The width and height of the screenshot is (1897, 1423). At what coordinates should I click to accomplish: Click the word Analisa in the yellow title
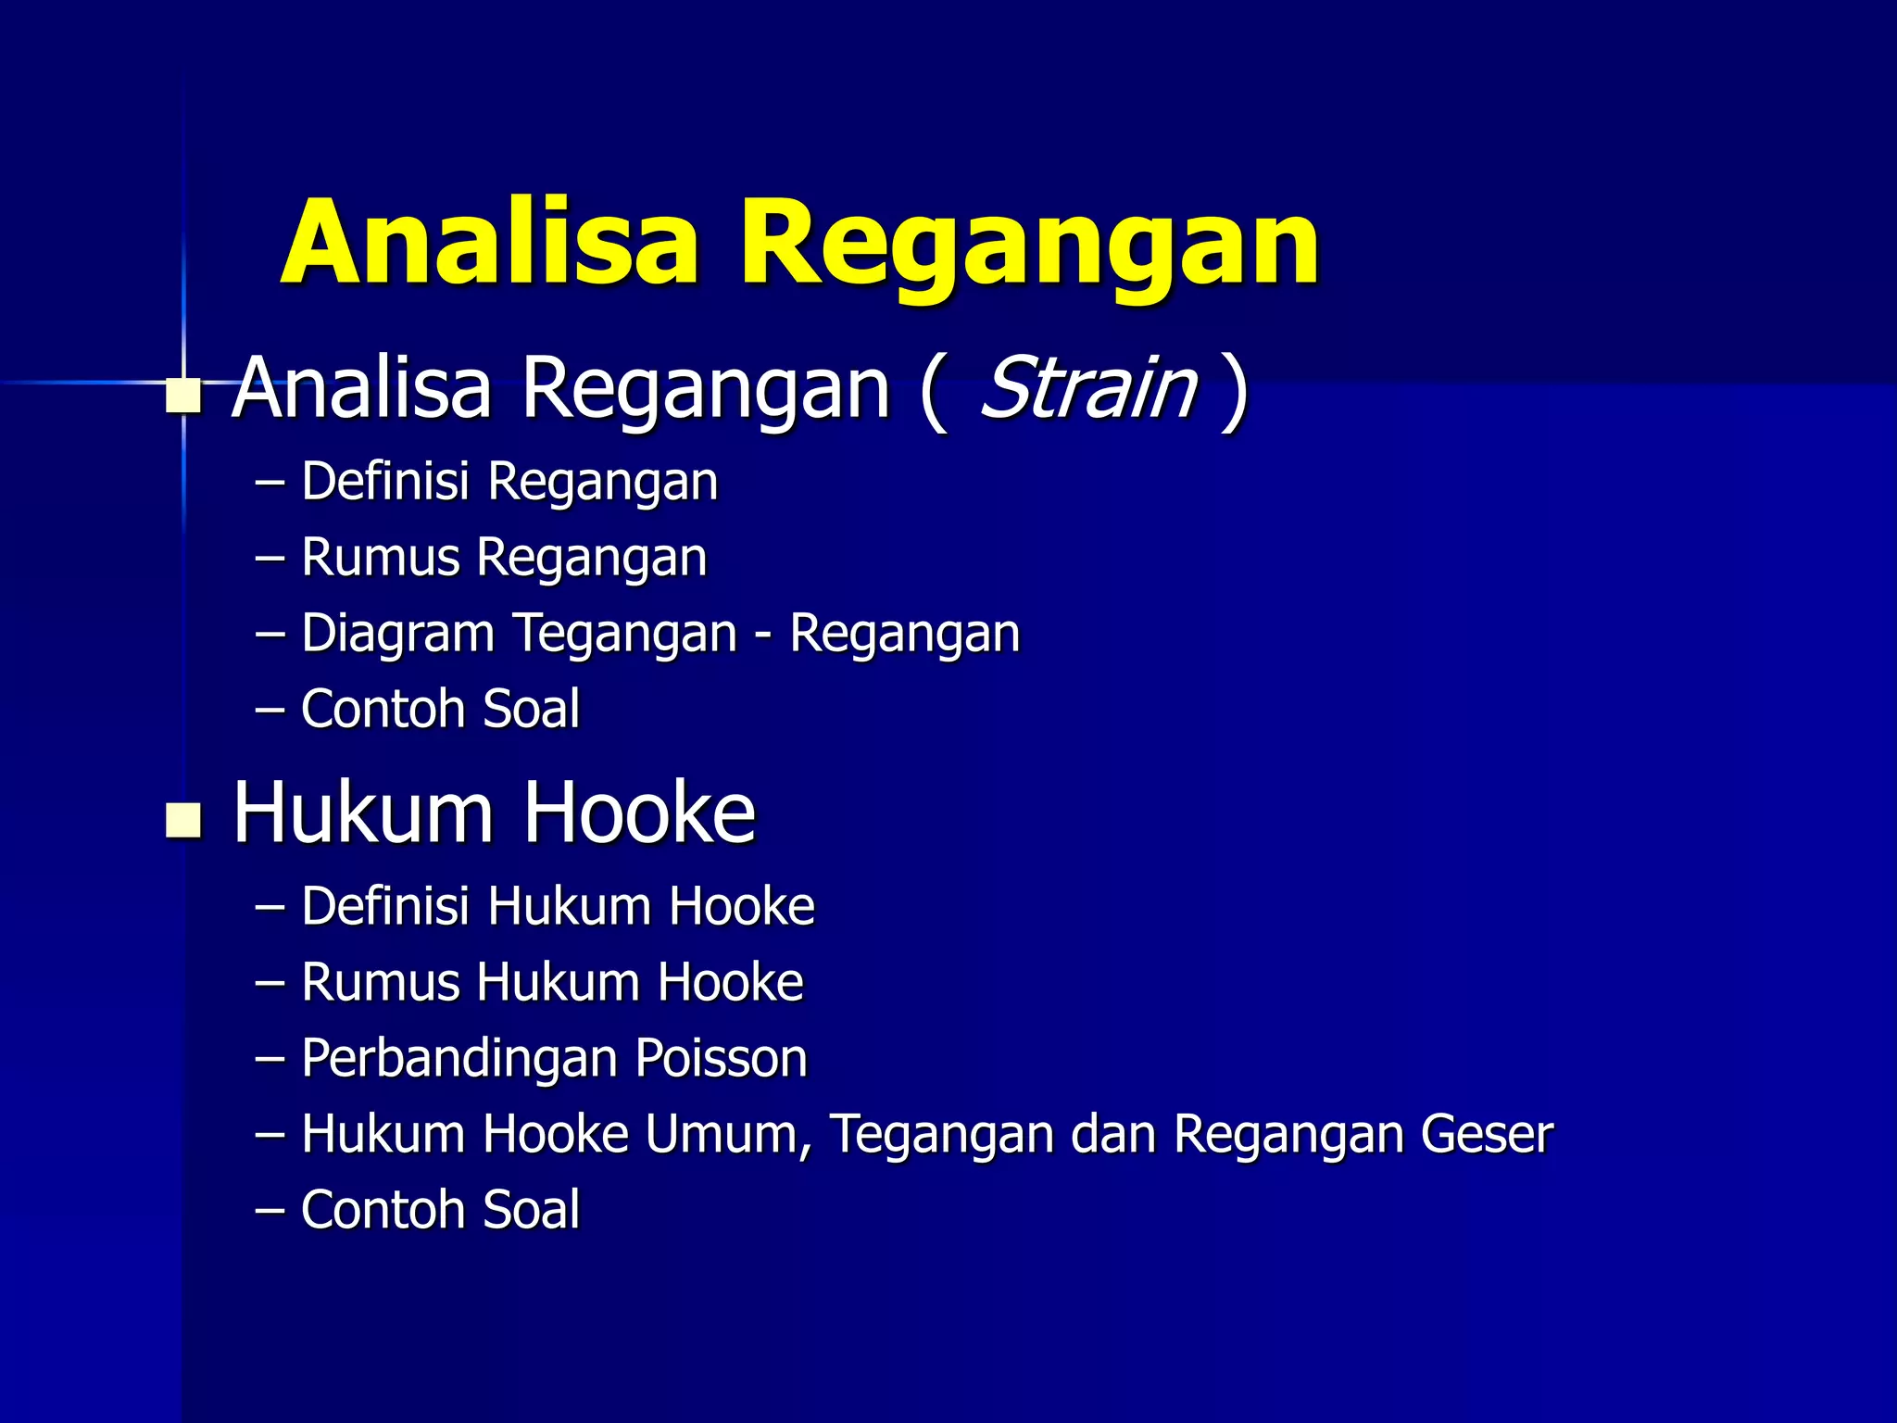[x=489, y=243]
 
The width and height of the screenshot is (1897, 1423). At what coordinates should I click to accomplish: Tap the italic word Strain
[x=1088, y=388]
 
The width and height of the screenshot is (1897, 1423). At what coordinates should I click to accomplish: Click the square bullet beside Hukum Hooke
[x=183, y=819]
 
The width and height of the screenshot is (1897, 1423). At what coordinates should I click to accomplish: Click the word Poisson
[x=722, y=1058]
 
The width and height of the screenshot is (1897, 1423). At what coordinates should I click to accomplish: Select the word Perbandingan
[x=459, y=1060]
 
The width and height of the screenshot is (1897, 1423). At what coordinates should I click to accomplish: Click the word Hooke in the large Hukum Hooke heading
[x=640, y=812]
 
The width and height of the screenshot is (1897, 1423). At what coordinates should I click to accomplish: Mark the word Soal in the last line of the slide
[x=532, y=1210]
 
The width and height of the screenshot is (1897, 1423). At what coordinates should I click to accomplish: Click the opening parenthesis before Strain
[x=933, y=391]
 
